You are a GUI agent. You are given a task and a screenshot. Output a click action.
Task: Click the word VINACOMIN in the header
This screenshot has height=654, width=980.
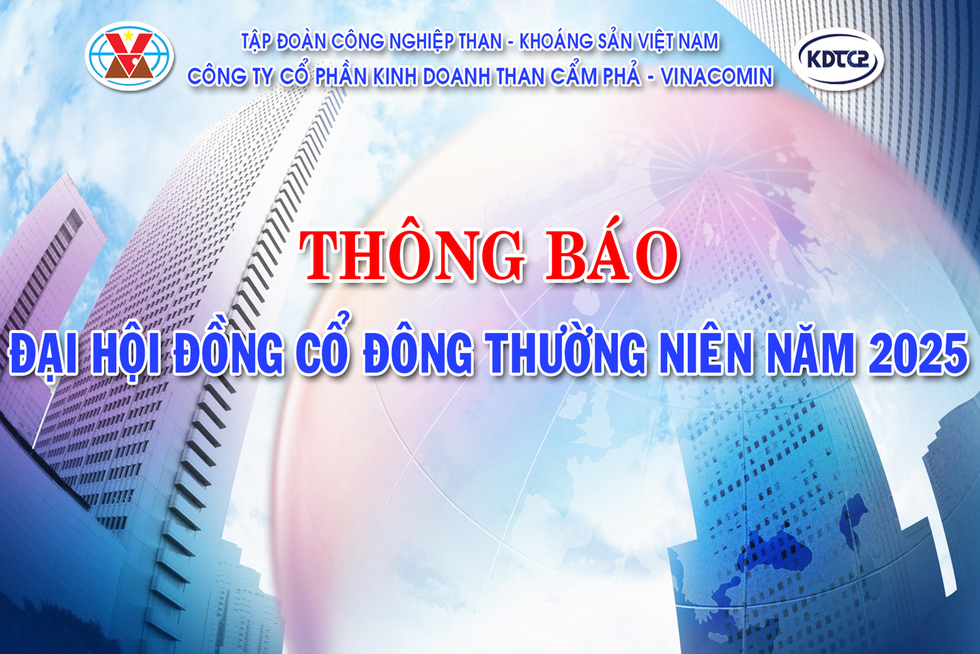pyautogui.click(x=717, y=76)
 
